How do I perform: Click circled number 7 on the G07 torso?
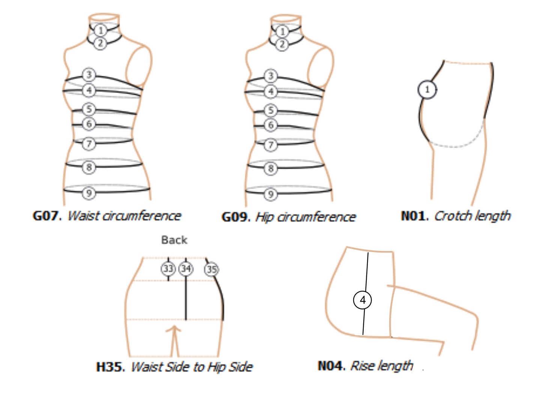tap(89, 144)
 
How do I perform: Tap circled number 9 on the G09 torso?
tap(271, 194)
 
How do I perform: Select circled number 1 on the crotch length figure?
tap(427, 90)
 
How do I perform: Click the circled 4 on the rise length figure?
tap(363, 300)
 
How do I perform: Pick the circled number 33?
tap(168, 269)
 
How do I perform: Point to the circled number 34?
tap(186, 269)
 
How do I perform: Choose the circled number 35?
tap(212, 269)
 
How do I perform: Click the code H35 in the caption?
tap(110, 366)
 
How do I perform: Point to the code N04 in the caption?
tap(331, 365)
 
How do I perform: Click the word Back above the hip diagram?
tap(174, 240)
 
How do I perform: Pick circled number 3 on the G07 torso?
tap(89, 75)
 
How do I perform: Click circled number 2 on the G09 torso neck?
tap(282, 44)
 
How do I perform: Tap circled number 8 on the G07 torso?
tap(89, 167)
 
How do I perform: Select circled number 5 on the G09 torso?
tap(271, 111)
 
